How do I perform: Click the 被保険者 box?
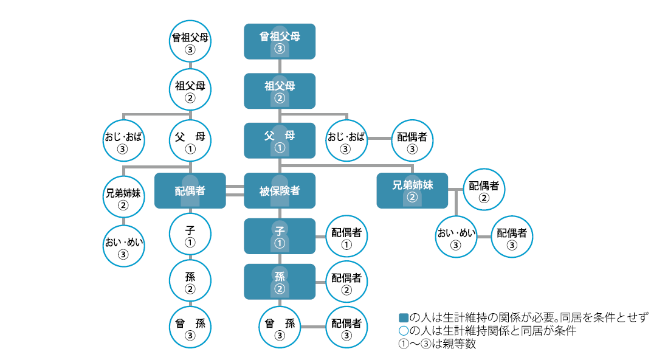point(280,190)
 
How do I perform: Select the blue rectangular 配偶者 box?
point(190,190)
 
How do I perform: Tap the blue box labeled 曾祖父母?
point(280,41)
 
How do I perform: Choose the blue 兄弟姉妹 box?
point(412,190)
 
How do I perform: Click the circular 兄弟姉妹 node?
point(123,197)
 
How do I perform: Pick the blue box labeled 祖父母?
point(280,91)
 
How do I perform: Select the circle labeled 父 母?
point(190,141)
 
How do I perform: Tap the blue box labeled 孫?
point(280,281)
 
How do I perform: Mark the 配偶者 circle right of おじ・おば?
point(412,141)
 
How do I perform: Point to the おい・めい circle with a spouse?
point(455,237)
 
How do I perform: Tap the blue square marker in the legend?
point(402,317)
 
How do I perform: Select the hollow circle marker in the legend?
point(402,331)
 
